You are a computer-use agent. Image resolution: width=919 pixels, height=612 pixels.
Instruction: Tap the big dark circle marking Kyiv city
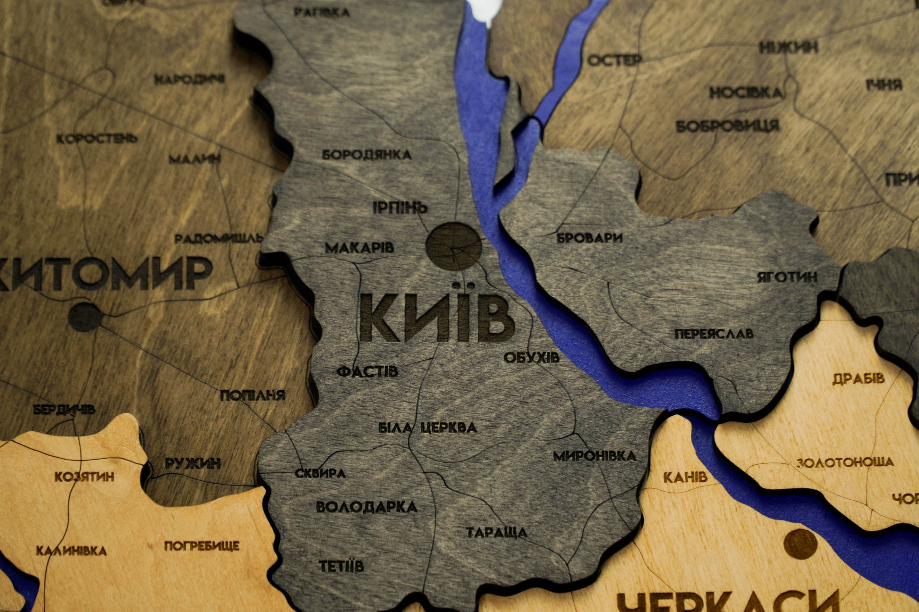453,246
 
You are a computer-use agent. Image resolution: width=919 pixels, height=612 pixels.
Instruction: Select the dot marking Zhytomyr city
85,317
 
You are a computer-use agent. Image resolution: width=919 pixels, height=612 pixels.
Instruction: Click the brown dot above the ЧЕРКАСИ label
800,544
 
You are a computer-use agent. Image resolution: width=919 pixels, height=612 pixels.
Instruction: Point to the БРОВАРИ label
589,238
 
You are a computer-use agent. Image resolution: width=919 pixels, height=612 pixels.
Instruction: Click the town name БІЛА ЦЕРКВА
428,428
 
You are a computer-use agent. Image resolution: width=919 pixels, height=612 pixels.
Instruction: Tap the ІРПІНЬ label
400,208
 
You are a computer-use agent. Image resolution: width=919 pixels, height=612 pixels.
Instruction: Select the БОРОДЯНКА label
366,155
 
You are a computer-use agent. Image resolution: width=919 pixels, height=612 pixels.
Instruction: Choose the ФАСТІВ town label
367,372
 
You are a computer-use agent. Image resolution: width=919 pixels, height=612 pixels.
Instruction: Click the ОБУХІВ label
531,358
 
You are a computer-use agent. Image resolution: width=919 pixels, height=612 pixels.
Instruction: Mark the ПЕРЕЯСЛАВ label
714,334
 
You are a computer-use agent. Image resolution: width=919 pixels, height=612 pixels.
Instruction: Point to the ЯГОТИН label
787,277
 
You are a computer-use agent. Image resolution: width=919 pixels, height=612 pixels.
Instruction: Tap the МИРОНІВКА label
595,456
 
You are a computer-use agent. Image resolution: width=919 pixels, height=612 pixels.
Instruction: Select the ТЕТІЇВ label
341,566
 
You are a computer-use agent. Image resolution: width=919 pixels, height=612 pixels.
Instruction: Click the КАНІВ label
685,477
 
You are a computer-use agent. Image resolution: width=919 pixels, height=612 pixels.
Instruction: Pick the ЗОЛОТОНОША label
845,462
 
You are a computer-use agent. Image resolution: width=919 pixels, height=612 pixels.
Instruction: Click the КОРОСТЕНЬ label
97,139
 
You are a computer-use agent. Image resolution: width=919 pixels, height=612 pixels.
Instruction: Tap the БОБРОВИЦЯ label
727,126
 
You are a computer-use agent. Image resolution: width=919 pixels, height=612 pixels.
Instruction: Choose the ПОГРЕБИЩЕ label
202,546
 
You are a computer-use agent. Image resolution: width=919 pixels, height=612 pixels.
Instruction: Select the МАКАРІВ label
359,248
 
